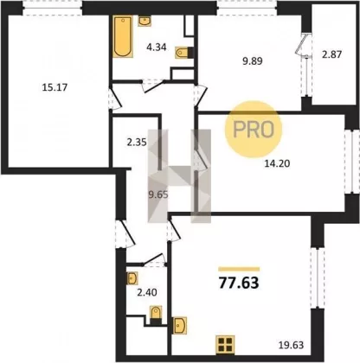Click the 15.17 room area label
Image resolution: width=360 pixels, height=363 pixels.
(55, 87)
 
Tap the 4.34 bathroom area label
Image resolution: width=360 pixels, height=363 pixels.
(157, 47)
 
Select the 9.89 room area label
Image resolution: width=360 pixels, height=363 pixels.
(253, 61)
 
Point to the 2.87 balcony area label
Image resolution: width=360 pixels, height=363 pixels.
(331, 54)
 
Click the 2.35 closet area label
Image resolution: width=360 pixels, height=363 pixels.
(137, 143)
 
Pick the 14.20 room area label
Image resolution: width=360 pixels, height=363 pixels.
(277, 163)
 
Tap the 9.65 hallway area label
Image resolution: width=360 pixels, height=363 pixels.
(158, 195)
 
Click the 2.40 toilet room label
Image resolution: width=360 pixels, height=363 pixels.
(147, 292)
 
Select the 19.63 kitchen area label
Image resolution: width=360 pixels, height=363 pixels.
(292, 345)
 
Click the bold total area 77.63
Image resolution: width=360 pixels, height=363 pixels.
(239, 283)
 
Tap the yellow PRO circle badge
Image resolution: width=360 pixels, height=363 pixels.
(253, 130)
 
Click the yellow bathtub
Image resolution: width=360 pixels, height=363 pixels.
(123, 36)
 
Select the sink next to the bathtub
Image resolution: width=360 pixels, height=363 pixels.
(145, 21)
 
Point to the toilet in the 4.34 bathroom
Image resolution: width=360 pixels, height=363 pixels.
(183, 53)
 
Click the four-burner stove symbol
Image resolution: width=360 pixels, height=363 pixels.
(225, 345)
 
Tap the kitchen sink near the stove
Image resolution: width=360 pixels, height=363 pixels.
(179, 325)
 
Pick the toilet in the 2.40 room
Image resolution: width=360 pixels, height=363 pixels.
(156, 315)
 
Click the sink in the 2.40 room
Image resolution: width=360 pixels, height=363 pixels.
(132, 278)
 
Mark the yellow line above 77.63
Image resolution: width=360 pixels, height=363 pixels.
(239, 270)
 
